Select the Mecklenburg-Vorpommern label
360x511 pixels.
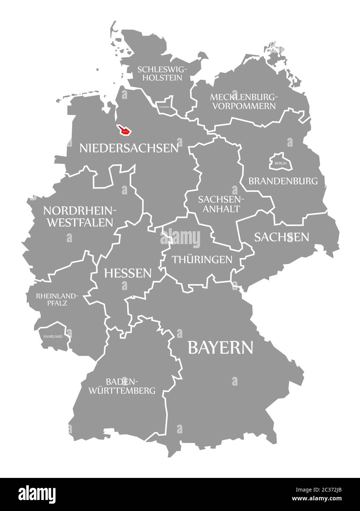pos(243,101)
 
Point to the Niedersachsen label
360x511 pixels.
pos(129,148)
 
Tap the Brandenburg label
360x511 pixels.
pos(283,181)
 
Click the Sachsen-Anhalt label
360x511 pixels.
pos(219,204)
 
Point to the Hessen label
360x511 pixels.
pos(128,273)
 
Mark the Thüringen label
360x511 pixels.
pos(202,260)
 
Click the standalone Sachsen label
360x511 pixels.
pos(281,237)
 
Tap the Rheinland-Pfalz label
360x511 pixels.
pos(57,299)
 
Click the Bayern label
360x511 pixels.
pos(220,347)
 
